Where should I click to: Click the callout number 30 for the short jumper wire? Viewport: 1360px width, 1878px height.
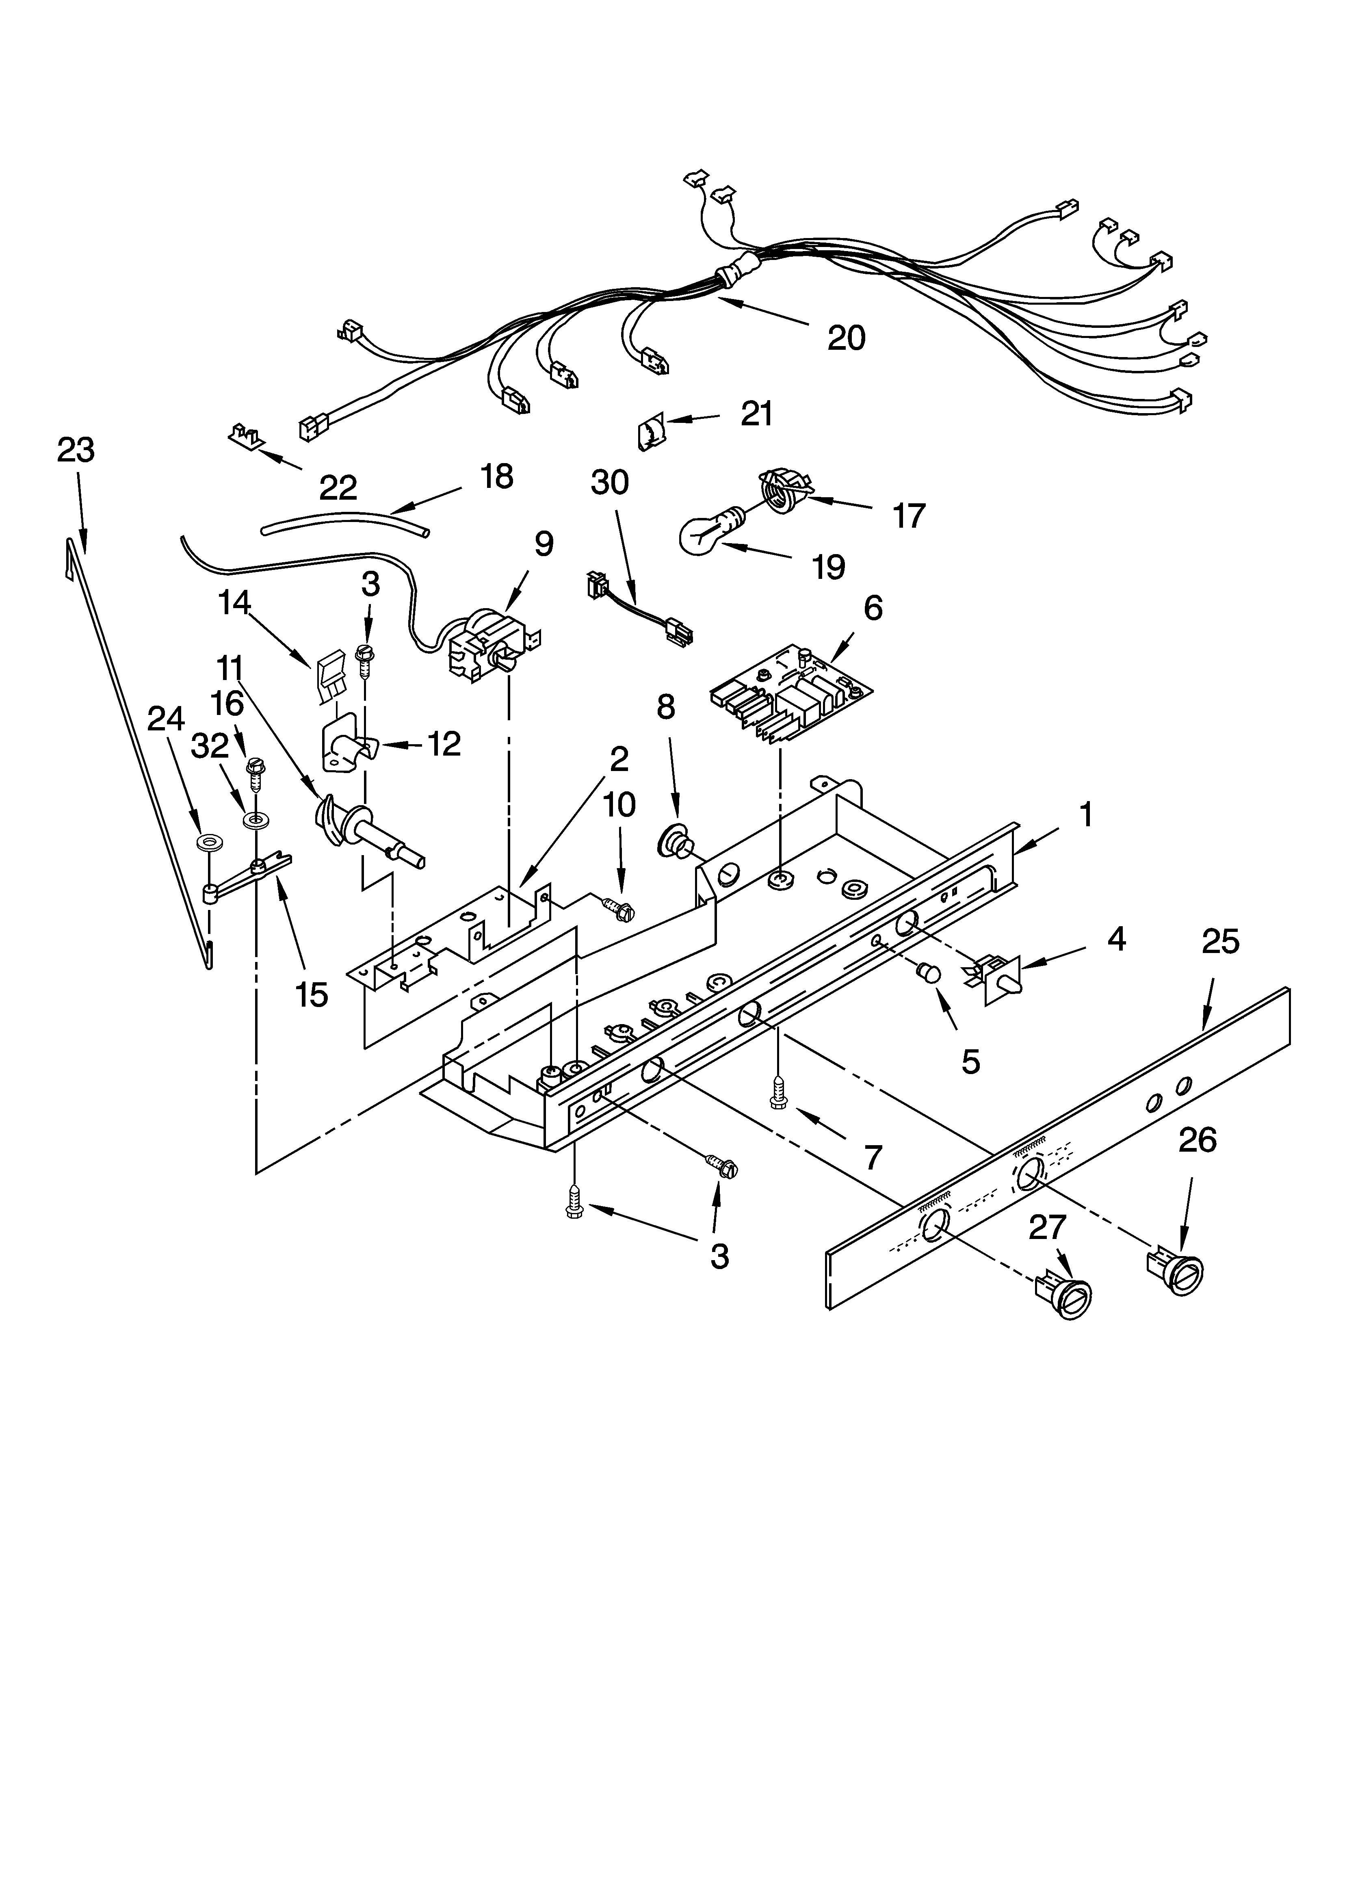coord(610,482)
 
